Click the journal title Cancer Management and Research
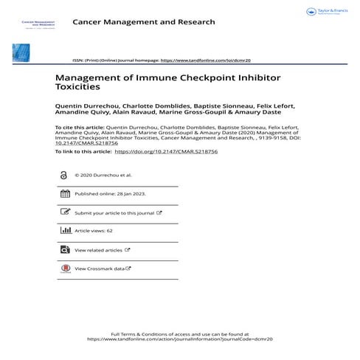tap(144, 22)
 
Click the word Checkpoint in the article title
tap(176, 77)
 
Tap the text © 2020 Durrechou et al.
tap(103, 176)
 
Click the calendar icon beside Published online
tap(64, 193)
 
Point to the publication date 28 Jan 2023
tap(131, 194)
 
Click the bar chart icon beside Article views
tap(64, 231)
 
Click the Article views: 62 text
tap(94, 231)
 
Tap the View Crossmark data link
tap(100, 269)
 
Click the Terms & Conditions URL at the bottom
tap(180, 339)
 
